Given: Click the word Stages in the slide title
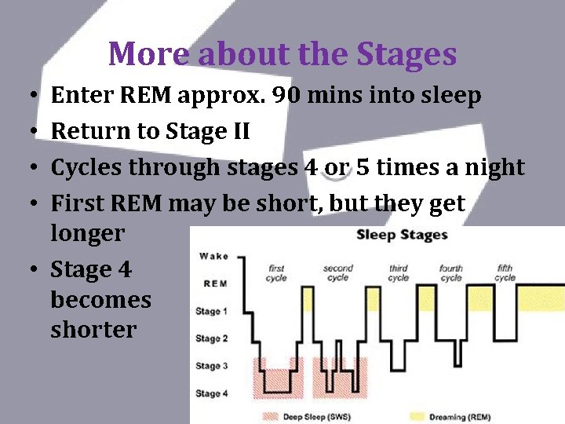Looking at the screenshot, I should [406, 55].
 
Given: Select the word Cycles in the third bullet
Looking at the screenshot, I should [86, 167].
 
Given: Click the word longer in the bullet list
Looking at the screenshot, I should [87, 233].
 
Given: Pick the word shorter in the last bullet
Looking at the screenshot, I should [93, 330].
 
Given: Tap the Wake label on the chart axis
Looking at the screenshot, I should [214, 256].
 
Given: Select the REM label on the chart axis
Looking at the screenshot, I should [216, 283].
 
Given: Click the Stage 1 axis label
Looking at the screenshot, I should [213, 312].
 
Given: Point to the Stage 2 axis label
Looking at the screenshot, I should [213, 339].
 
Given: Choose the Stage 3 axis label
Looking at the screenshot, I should [213, 366].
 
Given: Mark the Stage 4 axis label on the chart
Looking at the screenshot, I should [213, 393].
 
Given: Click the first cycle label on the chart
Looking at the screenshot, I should [276, 272].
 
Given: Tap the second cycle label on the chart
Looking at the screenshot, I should [337, 272].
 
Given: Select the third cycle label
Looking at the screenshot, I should [399, 272].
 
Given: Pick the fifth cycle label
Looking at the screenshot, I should [505, 272].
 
